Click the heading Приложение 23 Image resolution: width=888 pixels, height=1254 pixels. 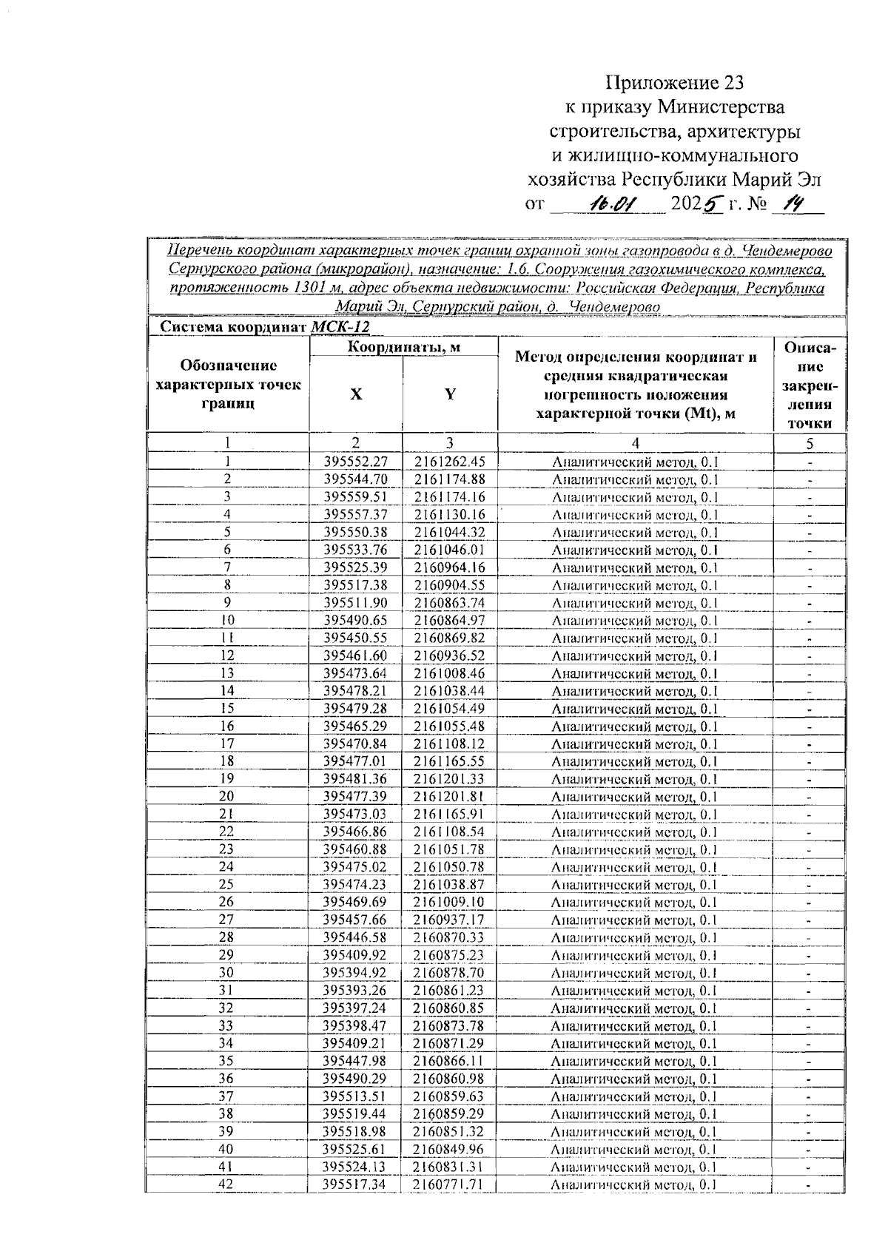coord(674,81)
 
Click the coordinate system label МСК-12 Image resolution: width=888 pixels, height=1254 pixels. coord(340,327)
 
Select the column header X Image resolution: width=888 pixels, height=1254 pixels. coord(356,394)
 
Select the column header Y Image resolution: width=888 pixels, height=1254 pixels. coord(450,394)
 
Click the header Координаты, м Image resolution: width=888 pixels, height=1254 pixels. coord(403,347)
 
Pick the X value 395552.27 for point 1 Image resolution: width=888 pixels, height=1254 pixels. coord(356,462)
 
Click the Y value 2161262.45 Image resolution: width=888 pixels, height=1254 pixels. coord(450,462)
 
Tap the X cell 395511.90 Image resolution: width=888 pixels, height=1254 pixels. coord(356,603)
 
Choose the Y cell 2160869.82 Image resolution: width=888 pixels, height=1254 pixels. coord(450,638)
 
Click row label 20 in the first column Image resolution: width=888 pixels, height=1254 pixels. coord(227,796)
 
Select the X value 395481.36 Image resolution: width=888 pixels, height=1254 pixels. coord(356,779)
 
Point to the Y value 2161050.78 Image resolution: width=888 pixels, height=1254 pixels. coord(450,867)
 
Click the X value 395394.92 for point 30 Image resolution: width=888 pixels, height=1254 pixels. coord(355,973)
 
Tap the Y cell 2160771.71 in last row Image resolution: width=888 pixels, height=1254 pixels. coord(449,1184)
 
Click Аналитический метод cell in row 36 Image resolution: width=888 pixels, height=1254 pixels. coord(634,1079)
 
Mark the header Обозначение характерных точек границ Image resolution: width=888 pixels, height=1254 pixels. coord(229,385)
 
